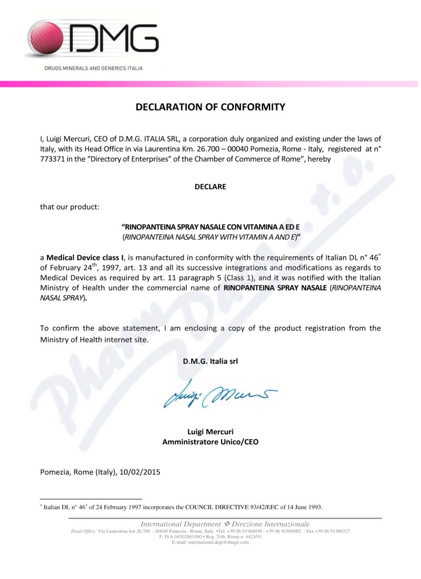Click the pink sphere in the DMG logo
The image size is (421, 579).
(47, 41)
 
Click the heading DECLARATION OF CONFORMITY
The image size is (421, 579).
(210, 107)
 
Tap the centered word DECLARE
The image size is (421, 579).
(210, 187)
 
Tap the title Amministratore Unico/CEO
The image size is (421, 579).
(210, 442)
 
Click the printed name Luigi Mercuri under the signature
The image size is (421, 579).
(210, 432)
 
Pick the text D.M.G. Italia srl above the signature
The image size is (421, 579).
(210, 362)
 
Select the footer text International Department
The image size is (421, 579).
(181, 524)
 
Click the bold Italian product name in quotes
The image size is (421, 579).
(210, 226)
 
